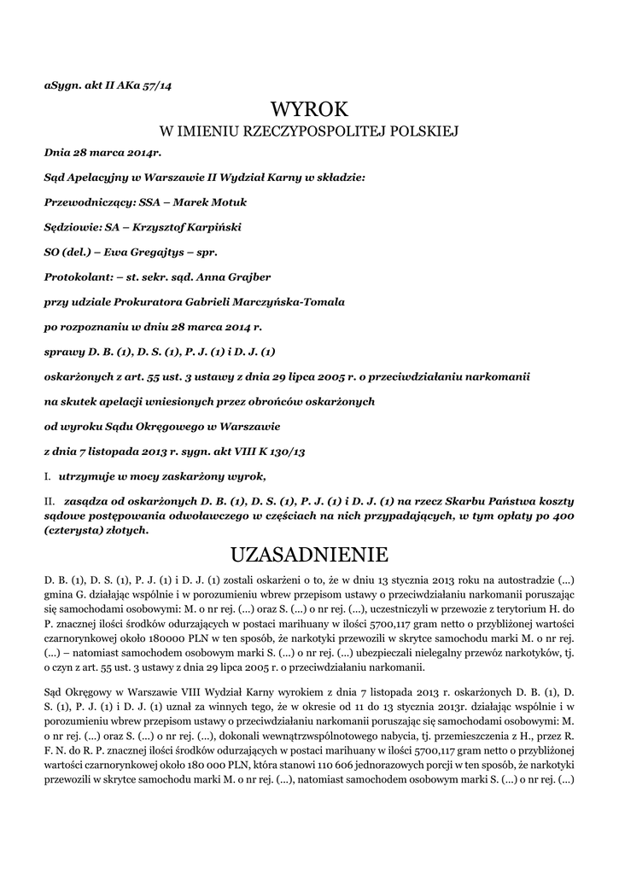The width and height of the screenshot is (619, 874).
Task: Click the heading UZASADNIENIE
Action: (309, 556)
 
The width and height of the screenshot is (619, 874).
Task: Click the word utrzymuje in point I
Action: (87, 475)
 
